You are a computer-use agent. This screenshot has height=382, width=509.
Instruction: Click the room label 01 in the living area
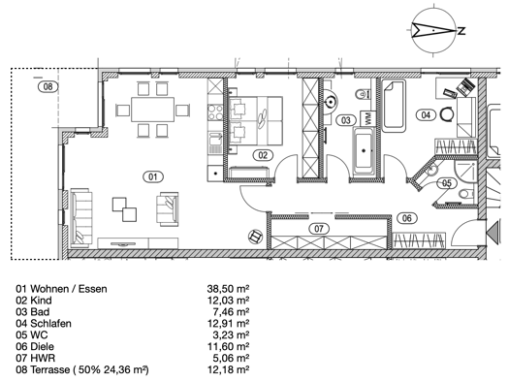pyautogui.click(x=153, y=176)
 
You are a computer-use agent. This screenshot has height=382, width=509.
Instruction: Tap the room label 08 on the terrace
pyautogui.click(x=48, y=86)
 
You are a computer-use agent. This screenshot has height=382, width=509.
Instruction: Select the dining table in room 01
pyautogui.click(x=152, y=110)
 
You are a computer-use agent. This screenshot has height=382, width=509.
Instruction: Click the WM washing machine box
pyautogui.click(x=367, y=118)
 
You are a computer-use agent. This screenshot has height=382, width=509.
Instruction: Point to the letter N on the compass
pyautogui.click(x=461, y=31)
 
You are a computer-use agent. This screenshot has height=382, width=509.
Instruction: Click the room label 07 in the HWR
pyautogui.click(x=319, y=229)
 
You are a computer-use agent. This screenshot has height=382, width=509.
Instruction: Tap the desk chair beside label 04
pyautogui.click(x=447, y=114)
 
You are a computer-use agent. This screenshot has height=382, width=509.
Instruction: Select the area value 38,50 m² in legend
pyautogui.click(x=228, y=289)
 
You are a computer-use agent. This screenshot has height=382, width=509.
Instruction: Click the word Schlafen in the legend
pyautogui.click(x=50, y=323)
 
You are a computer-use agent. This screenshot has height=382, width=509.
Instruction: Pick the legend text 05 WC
pyautogui.click(x=32, y=334)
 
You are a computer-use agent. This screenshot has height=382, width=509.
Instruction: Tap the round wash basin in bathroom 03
pyautogui.click(x=331, y=102)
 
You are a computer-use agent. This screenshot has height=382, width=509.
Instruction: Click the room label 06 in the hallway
pyautogui.click(x=407, y=218)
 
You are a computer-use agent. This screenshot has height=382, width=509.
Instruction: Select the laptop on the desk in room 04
pyautogui.click(x=465, y=87)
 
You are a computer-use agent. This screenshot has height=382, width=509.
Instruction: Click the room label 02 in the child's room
pyautogui.click(x=263, y=155)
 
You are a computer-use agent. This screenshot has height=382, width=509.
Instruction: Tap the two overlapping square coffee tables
pyautogui.click(x=124, y=209)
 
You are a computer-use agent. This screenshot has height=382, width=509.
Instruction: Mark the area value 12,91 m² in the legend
pyautogui.click(x=228, y=323)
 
